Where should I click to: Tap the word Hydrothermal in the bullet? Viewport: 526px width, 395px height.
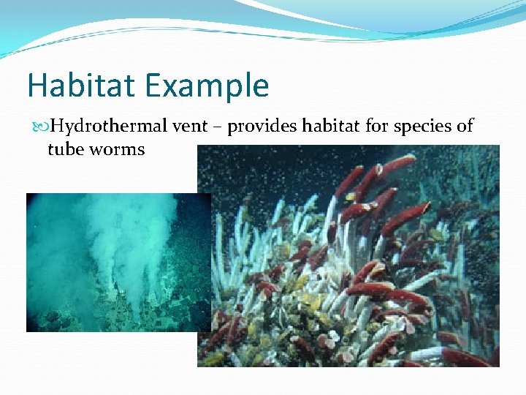click(x=110, y=127)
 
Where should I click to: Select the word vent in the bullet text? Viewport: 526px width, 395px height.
click(x=193, y=127)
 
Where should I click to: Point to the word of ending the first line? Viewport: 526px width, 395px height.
click(x=465, y=127)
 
